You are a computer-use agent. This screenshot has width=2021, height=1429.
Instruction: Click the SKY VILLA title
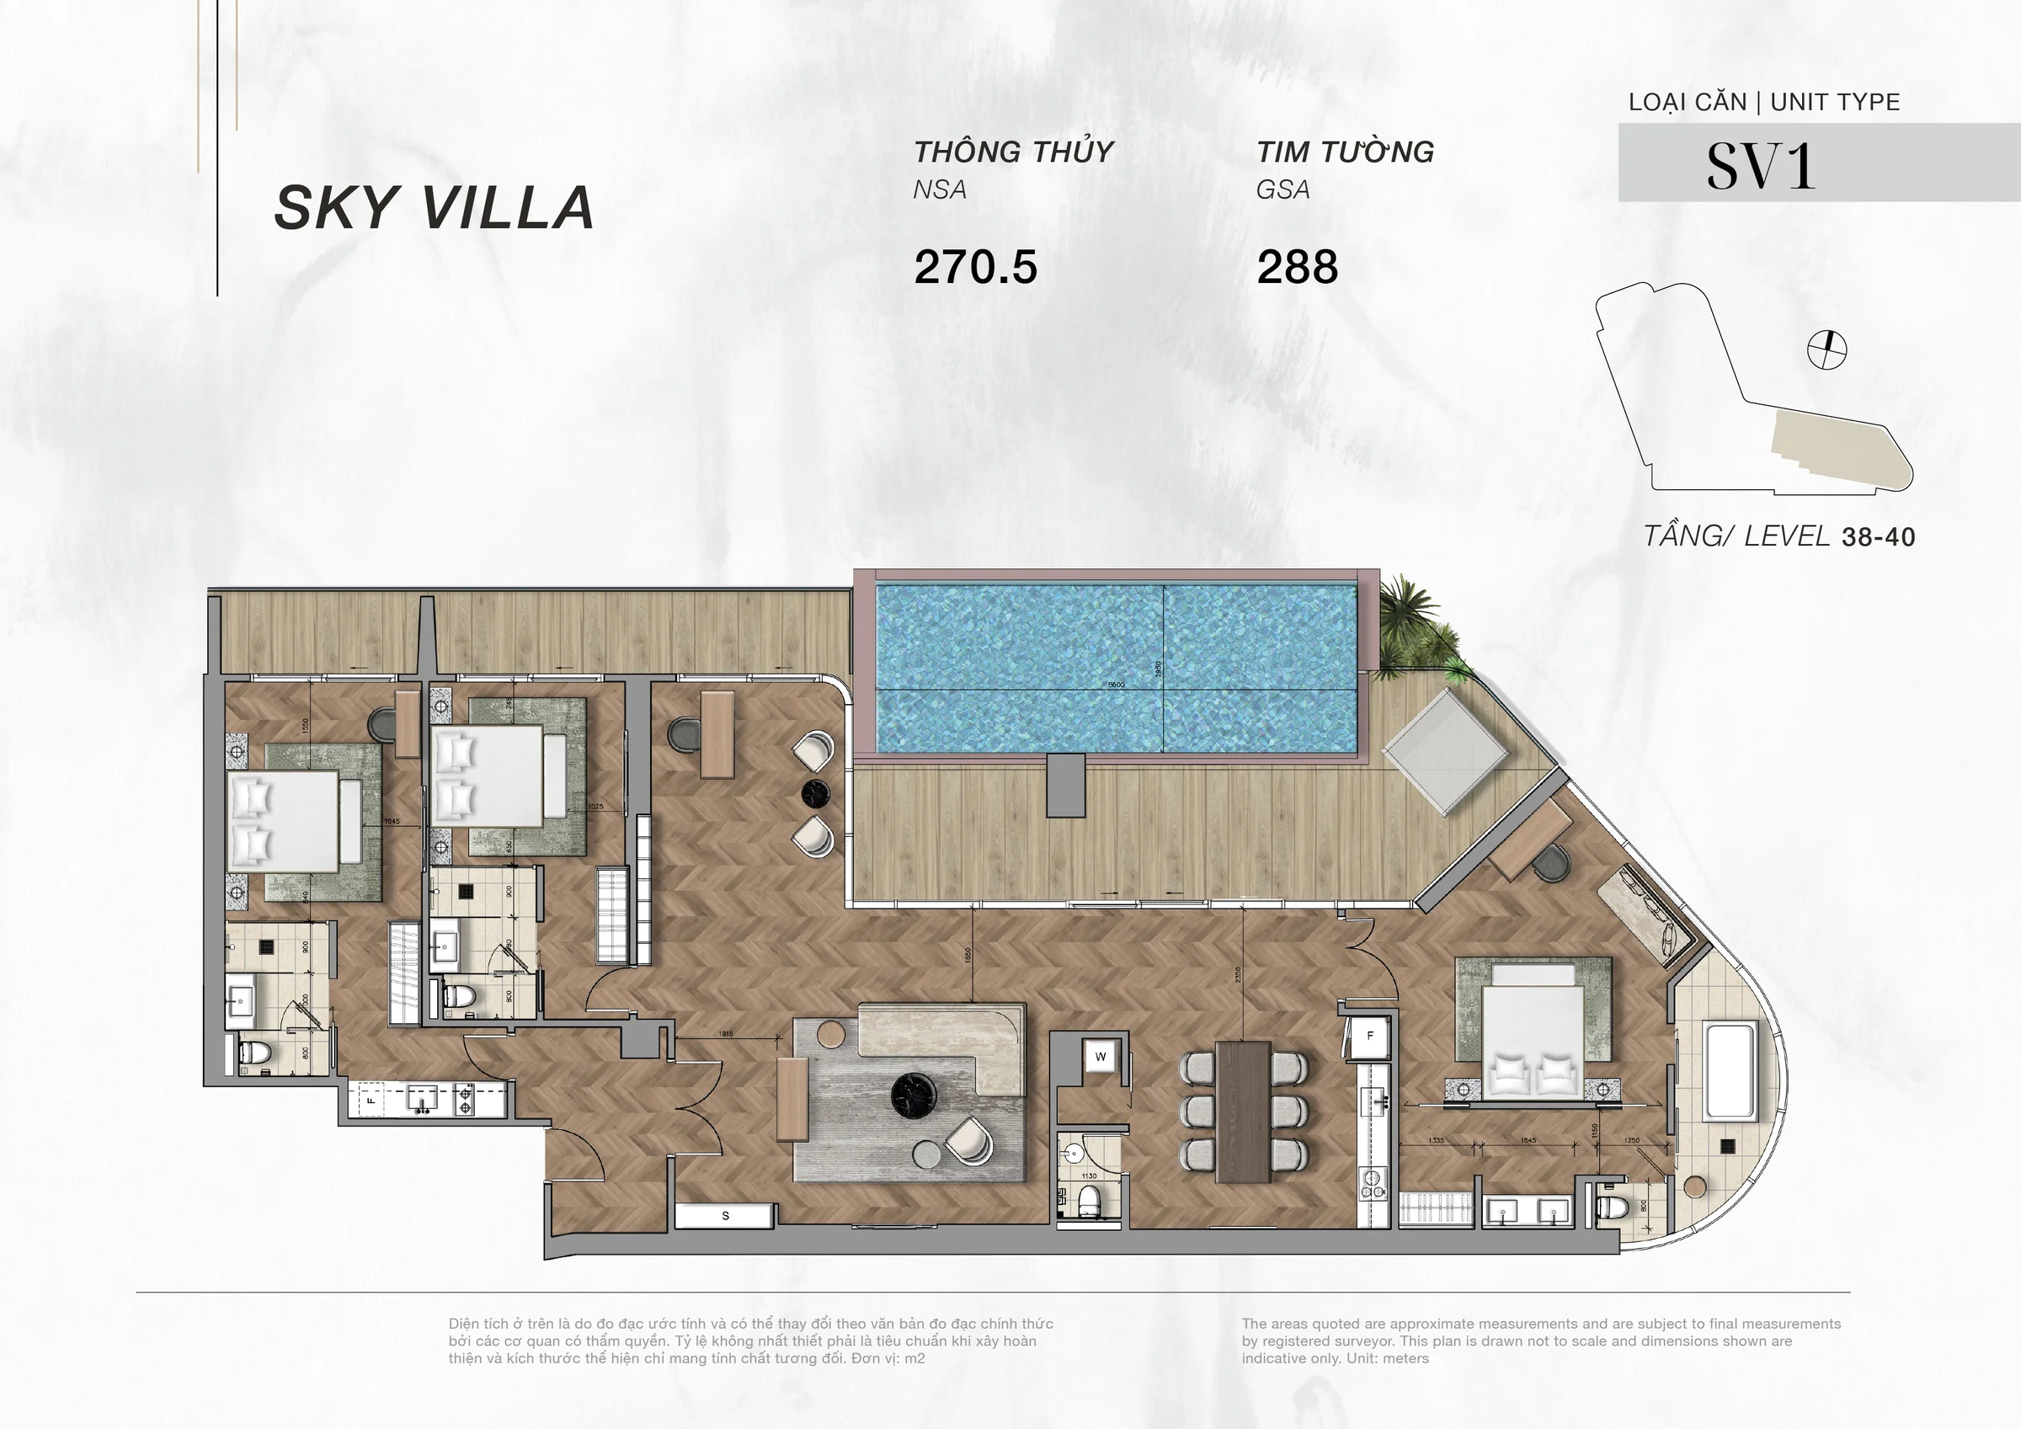tap(434, 209)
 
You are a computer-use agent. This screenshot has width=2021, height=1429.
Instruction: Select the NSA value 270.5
tap(975, 267)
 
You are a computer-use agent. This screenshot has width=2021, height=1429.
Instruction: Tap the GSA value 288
tap(1297, 267)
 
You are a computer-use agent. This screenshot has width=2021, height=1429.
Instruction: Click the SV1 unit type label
tap(1761, 166)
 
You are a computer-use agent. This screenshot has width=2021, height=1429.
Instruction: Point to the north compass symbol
tap(1826, 350)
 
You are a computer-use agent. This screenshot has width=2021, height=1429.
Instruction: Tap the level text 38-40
tap(1878, 537)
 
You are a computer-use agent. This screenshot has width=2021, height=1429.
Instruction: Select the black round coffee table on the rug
tap(913, 1096)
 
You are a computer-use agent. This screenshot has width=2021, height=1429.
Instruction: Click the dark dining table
tap(1243, 1112)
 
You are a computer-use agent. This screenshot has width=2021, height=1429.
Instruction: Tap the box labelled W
tap(1101, 1057)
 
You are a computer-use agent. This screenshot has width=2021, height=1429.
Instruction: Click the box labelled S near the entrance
tap(725, 1216)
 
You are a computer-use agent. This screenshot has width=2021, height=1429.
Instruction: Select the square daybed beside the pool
tap(1446, 751)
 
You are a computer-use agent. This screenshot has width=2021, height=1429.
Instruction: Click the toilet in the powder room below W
tap(1090, 1199)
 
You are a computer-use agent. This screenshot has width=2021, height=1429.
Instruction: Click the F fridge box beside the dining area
tap(1369, 1037)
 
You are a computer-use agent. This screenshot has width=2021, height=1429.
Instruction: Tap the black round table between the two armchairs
tap(816, 792)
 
